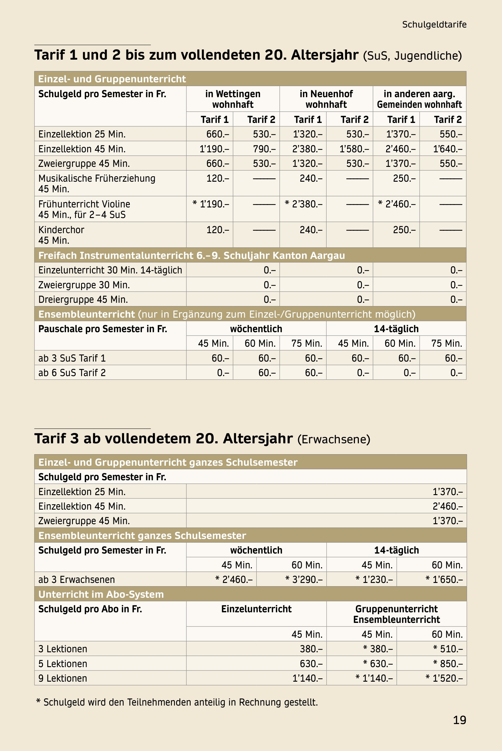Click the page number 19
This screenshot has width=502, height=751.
pos(459,720)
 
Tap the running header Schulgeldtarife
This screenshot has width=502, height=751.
pos(434,25)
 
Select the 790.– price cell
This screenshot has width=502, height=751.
pos(264,149)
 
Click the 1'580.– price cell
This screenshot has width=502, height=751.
pos(354,149)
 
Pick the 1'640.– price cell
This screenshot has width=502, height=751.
pos(448,149)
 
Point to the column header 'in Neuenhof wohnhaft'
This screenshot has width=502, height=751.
pos(326,99)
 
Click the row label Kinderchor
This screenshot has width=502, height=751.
pos(61,230)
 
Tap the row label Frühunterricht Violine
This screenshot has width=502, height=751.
pos(84,204)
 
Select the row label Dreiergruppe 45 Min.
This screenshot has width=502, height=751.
pos(83,299)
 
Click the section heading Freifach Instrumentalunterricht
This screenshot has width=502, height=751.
pos(192,256)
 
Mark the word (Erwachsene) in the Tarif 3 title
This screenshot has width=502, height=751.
pos(333,439)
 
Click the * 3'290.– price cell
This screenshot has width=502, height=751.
pos(304,580)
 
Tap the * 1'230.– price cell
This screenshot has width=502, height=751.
pos(374,580)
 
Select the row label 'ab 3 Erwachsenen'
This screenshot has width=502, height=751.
pos(77,580)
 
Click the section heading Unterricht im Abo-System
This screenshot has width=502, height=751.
pos(101,594)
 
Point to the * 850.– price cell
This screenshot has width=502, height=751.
pos(448,663)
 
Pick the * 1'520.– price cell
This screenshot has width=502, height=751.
pos(444,678)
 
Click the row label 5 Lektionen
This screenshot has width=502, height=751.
pos(63,663)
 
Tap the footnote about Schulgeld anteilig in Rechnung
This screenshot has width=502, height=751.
pos(177,702)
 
